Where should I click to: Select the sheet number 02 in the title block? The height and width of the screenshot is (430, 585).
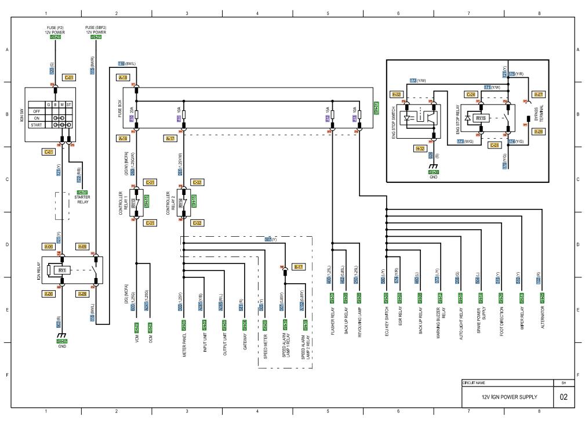563,397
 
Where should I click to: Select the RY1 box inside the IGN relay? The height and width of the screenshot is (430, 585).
61,270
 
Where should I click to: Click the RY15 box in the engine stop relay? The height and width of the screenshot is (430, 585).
481,118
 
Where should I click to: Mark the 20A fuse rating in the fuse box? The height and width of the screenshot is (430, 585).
133,110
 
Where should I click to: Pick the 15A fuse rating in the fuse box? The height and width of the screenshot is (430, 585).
328,110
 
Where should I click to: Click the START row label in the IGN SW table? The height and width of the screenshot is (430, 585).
36,125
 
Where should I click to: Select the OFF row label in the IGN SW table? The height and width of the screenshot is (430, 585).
36,111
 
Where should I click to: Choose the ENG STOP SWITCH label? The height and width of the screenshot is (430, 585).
394,118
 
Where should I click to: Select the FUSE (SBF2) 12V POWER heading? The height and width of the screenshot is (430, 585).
96,30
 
